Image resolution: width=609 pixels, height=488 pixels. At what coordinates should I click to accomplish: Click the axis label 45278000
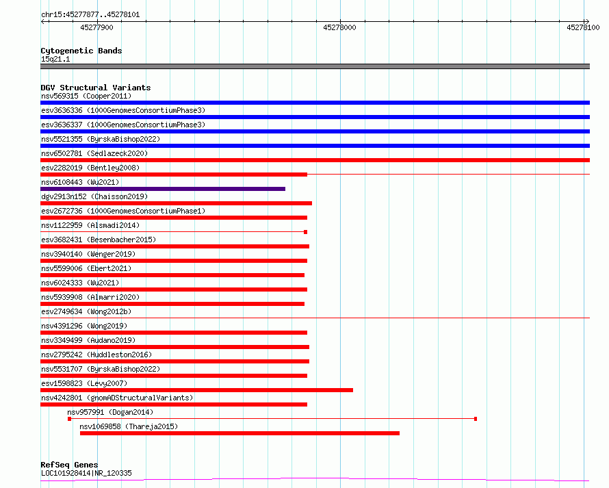[339, 27]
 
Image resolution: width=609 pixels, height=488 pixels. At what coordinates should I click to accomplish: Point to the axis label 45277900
[96, 27]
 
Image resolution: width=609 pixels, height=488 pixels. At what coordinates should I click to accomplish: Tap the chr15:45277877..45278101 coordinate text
[90, 15]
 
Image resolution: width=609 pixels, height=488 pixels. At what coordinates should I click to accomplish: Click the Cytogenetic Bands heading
[81, 51]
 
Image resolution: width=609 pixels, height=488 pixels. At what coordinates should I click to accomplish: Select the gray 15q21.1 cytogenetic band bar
[315, 66]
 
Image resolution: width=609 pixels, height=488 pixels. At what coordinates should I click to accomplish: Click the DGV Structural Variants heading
[96, 88]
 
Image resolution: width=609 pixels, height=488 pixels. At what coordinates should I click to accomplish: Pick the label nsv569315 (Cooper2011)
[86, 96]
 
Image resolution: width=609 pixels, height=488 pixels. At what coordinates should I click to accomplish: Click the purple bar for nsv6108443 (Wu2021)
[163, 189]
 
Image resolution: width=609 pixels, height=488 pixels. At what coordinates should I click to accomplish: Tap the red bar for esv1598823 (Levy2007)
[196, 390]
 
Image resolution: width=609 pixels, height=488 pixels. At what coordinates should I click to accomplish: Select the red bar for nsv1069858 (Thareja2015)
[239, 433]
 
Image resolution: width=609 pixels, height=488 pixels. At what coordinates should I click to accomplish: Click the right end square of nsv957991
[476, 419]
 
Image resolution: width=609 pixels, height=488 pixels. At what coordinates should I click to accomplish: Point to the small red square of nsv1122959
[306, 232]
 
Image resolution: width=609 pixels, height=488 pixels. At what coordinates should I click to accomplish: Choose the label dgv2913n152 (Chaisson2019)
[94, 196]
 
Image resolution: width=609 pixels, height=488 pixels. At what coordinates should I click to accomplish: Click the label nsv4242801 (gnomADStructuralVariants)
[117, 398]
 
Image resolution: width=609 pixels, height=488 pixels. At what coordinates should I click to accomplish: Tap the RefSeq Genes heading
[69, 465]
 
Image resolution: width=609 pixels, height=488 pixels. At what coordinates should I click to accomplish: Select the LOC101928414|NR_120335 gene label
[86, 473]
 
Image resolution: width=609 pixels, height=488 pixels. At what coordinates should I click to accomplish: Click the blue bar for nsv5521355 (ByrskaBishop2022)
[315, 146]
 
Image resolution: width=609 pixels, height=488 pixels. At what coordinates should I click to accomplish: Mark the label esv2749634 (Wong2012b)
[86, 311]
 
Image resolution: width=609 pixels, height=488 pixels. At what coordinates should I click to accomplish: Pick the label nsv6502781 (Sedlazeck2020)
[94, 153]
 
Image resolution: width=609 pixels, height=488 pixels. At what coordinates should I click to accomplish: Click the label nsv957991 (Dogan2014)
[110, 412]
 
